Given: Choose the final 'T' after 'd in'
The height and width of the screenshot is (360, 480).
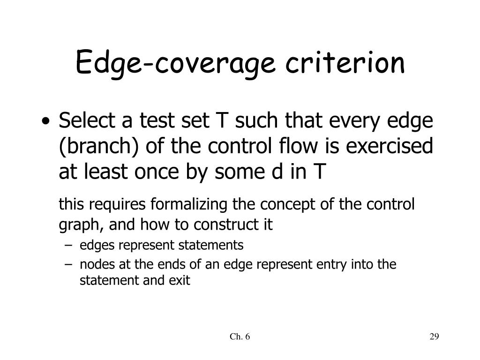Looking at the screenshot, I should pos(317,172).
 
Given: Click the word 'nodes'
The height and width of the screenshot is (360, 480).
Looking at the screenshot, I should pos(93,264).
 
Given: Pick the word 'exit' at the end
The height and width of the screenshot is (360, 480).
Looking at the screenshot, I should pos(182,281).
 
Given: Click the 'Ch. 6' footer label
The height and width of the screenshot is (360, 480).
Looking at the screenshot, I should pos(240,337).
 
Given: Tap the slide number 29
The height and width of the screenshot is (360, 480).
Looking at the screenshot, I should pos(434,337).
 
